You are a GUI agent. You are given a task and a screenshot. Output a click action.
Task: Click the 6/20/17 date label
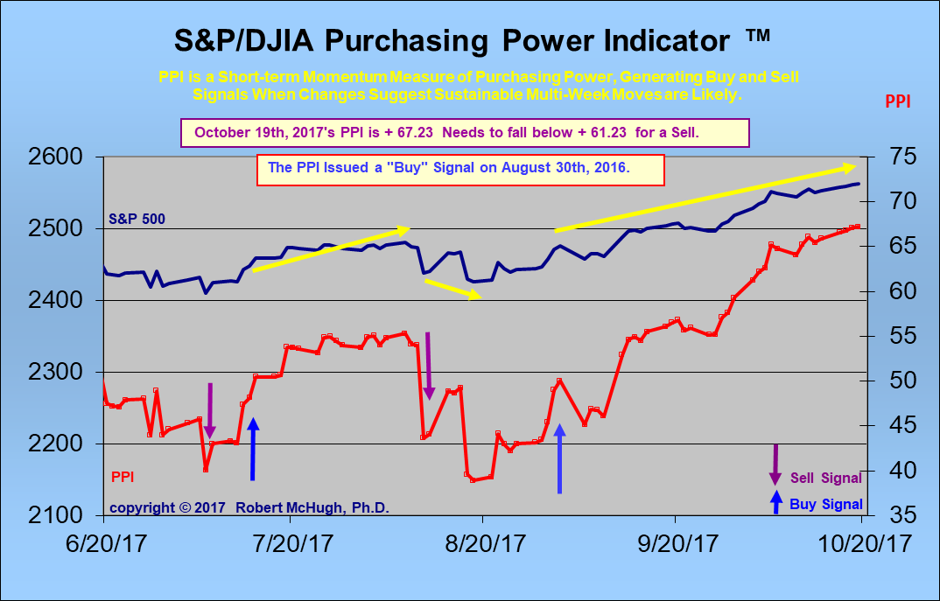pyautogui.click(x=103, y=542)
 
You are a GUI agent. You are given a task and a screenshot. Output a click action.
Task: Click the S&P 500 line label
pyautogui.click(x=137, y=219)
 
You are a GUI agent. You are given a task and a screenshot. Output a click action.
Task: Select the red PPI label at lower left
pyautogui.click(x=122, y=478)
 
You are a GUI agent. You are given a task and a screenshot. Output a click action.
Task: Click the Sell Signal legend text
pyautogui.click(x=825, y=479)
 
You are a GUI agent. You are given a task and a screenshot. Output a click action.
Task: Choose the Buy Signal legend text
pyautogui.click(x=825, y=504)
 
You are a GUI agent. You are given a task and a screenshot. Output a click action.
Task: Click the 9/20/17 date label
pyautogui.click(x=675, y=542)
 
